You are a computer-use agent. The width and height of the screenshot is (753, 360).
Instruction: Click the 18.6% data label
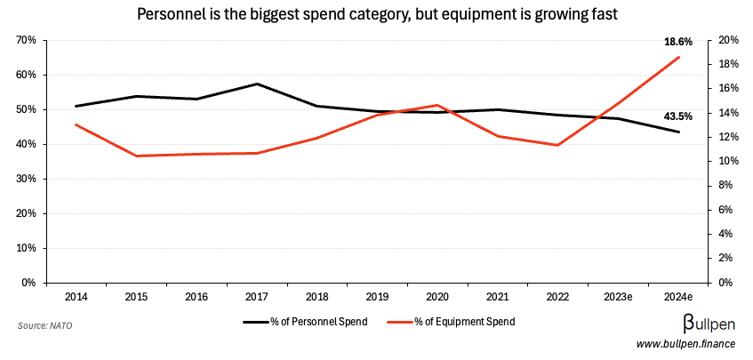pos(678,42)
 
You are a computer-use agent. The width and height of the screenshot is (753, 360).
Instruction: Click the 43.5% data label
pos(678,116)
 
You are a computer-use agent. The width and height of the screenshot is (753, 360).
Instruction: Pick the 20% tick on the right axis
pos(729,40)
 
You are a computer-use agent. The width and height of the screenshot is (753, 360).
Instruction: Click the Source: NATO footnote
pos(44,326)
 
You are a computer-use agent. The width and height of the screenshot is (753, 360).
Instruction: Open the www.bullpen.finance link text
pos(685,344)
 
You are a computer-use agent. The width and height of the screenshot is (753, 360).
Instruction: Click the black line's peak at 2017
pos(257,84)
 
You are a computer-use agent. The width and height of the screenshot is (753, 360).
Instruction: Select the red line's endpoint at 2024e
pos(679,57)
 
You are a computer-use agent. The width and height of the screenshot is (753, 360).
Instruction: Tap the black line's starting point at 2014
pos(76,106)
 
